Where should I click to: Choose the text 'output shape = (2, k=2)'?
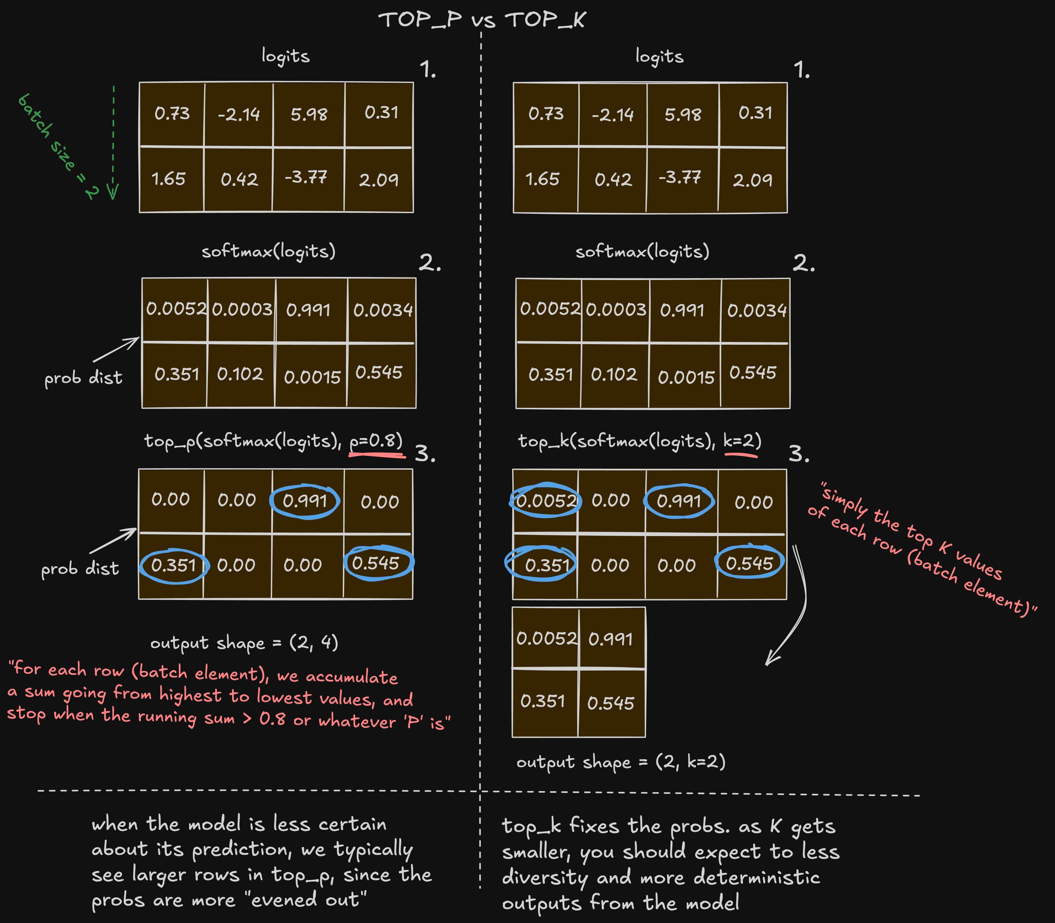tap(621, 762)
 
